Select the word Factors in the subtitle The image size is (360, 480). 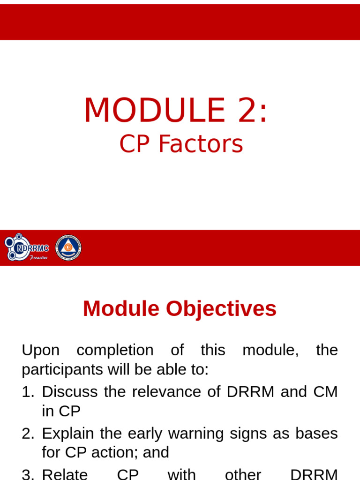pyautogui.click(x=201, y=144)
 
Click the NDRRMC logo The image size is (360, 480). pyautogui.click(x=27, y=247)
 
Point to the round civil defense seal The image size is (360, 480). pyautogui.click(x=68, y=247)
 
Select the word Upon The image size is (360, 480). pyautogui.click(x=41, y=350)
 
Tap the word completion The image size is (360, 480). pyautogui.click(x=115, y=350)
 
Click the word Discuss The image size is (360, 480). pyautogui.click(x=70, y=392)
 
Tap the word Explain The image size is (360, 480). pyautogui.click(x=68, y=434)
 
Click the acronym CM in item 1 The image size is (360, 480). pyautogui.click(x=325, y=392)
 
